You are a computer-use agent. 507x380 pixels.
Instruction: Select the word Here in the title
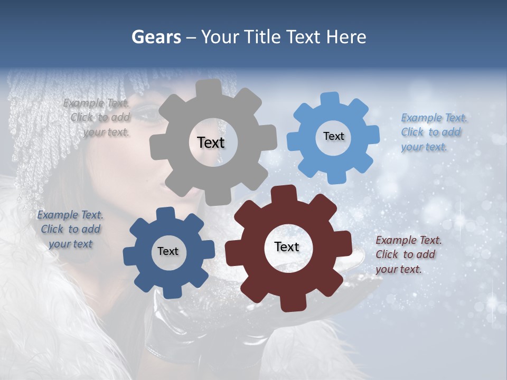click(x=347, y=37)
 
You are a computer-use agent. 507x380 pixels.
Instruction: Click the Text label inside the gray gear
click(x=211, y=142)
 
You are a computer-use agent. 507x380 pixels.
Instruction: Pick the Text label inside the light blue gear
click(x=333, y=136)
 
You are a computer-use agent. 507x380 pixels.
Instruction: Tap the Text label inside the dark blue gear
click(x=168, y=251)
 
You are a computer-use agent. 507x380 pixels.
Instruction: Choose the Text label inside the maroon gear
click(x=287, y=246)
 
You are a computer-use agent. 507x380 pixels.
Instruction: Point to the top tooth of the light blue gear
click(x=331, y=99)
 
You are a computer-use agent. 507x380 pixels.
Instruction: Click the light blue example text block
click(x=433, y=132)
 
